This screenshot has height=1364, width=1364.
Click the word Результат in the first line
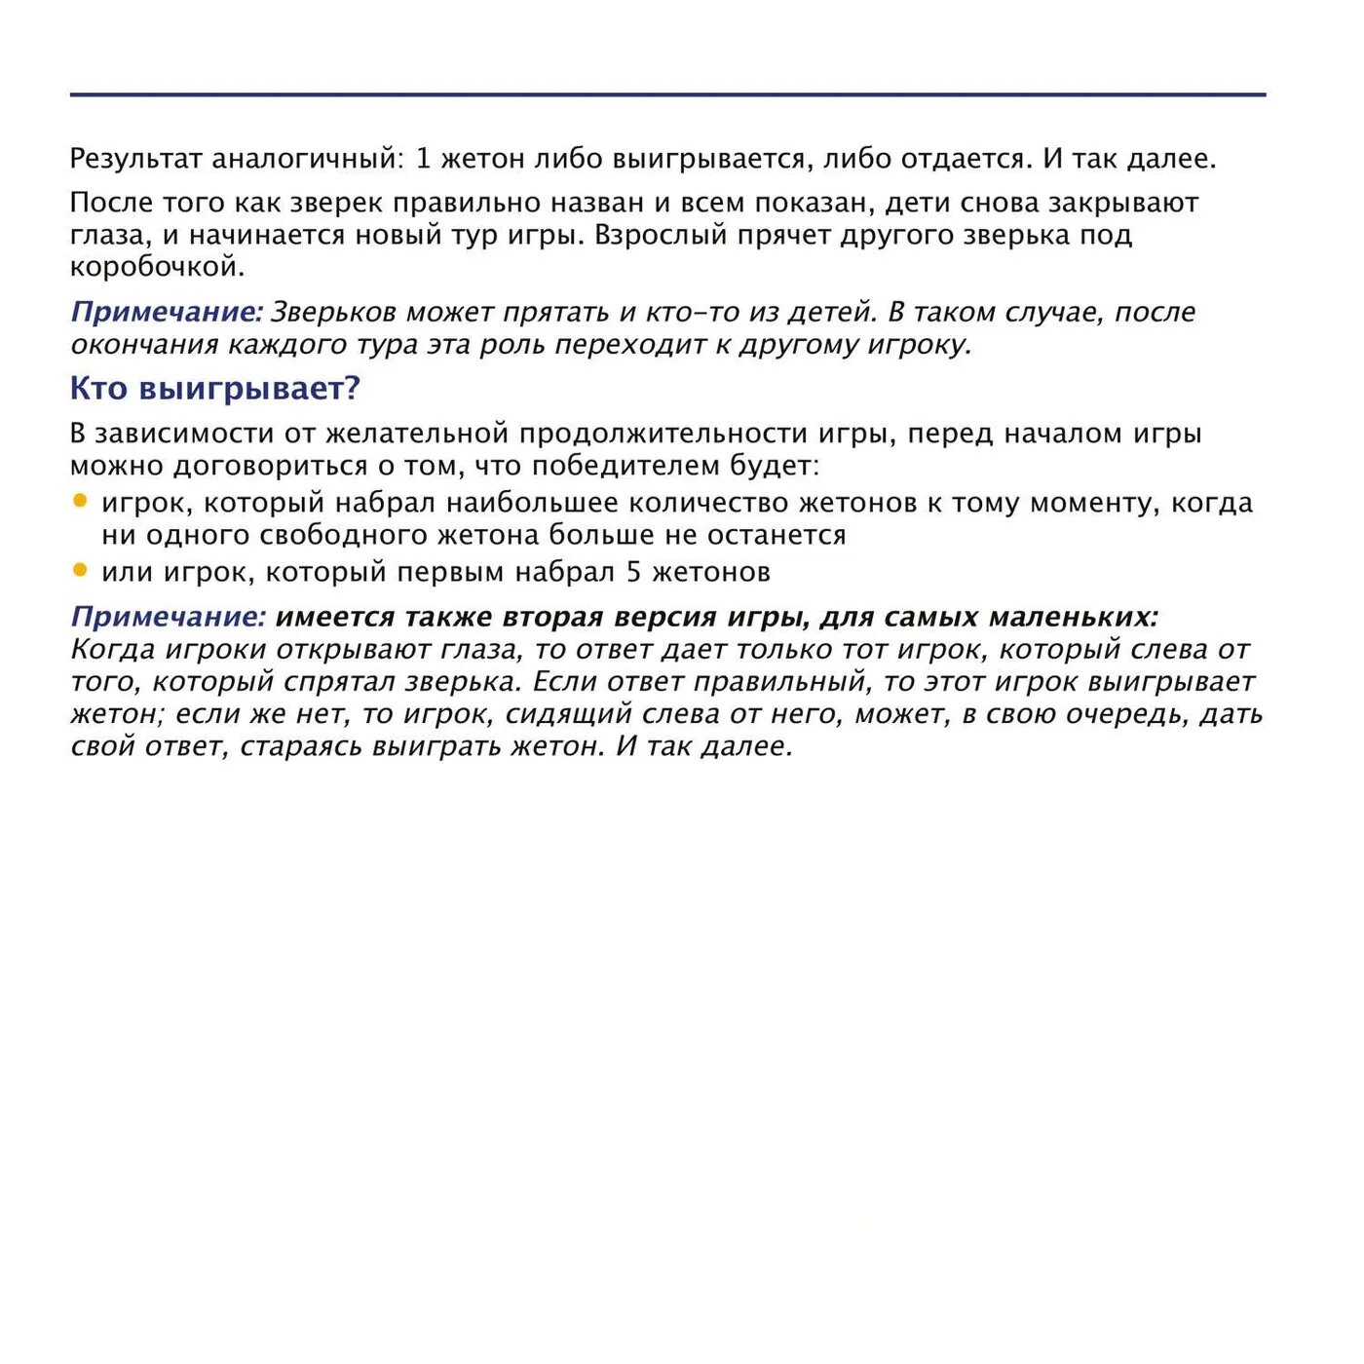tap(136, 159)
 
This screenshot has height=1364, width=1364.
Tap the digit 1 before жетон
tap(423, 159)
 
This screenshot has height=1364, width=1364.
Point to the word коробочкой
tap(157, 267)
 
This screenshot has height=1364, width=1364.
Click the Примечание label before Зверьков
tap(167, 312)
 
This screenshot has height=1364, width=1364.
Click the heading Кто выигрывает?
tap(214, 388)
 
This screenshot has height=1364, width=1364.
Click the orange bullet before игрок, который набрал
tap(80, 501)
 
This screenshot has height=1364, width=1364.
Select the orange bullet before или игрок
tap(80, 570)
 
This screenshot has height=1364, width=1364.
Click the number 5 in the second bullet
tap(633, 572)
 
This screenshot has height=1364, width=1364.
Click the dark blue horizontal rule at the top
tap(667, 95)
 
